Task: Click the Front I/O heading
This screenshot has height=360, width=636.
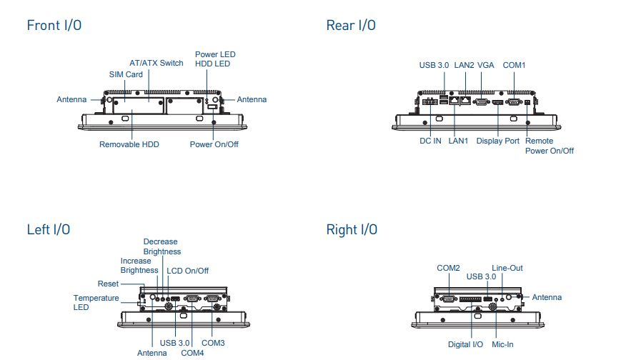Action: (x=54, y=26)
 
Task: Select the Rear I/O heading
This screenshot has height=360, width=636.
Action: (x=351, y=26)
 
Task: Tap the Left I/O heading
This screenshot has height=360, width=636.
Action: (x=49, y=230)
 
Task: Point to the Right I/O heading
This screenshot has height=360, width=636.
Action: (x=352, y=230)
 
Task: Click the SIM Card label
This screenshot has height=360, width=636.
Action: (x=126, y=74)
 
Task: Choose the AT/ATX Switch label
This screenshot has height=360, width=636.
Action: (x=156, y=63)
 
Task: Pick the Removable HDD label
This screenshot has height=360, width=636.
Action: (x=129, y=144)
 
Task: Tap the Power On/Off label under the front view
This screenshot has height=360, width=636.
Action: (x=214, y=144)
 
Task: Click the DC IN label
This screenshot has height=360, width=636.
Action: (x=430, y=141)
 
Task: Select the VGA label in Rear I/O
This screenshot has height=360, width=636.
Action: (x=486, y=65)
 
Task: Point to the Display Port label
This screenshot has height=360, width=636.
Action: (x=498, y=141)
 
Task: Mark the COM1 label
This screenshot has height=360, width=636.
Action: (x=515, y=65)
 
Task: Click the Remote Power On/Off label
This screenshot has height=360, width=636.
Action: (x=549, y=146)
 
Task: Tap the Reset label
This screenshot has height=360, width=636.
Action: (x=109, y=284)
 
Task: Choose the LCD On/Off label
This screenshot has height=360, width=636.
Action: (x=187, y=271)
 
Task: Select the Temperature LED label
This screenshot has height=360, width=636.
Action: (x=96, y=302)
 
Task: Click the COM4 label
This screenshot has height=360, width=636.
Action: (x=192, y=353)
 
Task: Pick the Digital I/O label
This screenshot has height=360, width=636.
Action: (x=466, y=344)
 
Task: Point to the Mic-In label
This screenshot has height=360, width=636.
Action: (x=502, y=344)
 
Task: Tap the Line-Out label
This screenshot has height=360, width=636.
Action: (x=507, y=268)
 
